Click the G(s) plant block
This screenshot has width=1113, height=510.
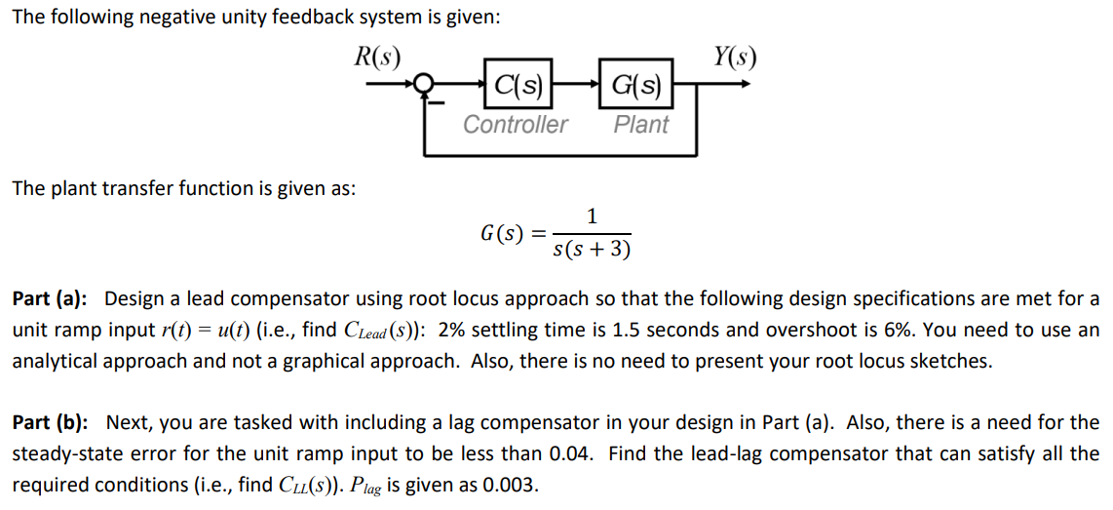(x=636, y=85)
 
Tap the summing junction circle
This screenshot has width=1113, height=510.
(x=424, y=85)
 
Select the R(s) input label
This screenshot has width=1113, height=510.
(x=377, y=57)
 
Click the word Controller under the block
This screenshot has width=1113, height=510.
(x=515, y=125)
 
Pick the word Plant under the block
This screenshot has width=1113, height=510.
(x=641, y=125)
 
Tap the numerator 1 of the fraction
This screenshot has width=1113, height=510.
(x=592, y=216)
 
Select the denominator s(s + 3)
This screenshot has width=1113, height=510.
(x=592, y=250)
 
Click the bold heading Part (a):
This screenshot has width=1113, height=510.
(x=50, y=298)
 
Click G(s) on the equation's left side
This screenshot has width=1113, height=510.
(x=505, y=234)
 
